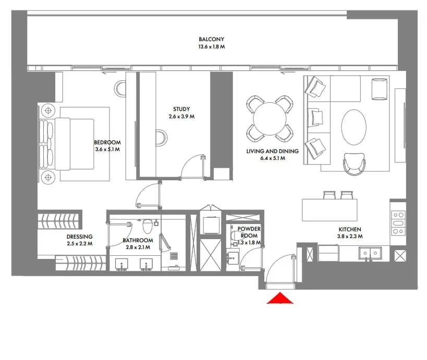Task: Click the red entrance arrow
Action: [280, 298]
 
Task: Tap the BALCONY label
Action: [211, 39]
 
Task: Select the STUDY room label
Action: [181, 109]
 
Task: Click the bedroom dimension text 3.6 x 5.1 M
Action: [107, 150]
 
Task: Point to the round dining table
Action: [270, 119]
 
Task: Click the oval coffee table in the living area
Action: [353, 127]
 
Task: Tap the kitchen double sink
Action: [370, 253]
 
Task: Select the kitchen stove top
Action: [398, 223]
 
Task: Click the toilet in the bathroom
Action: [148, 226]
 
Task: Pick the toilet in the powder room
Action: [235, 235]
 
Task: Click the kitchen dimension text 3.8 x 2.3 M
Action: [350, 237]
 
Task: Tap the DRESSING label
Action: [80, 237]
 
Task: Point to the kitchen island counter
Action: [330, 210]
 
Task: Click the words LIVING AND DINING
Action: [272, 151]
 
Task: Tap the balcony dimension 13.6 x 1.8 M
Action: [212, 47]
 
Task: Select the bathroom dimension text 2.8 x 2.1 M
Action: [138, 247]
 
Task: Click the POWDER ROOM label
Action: [249, 232]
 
